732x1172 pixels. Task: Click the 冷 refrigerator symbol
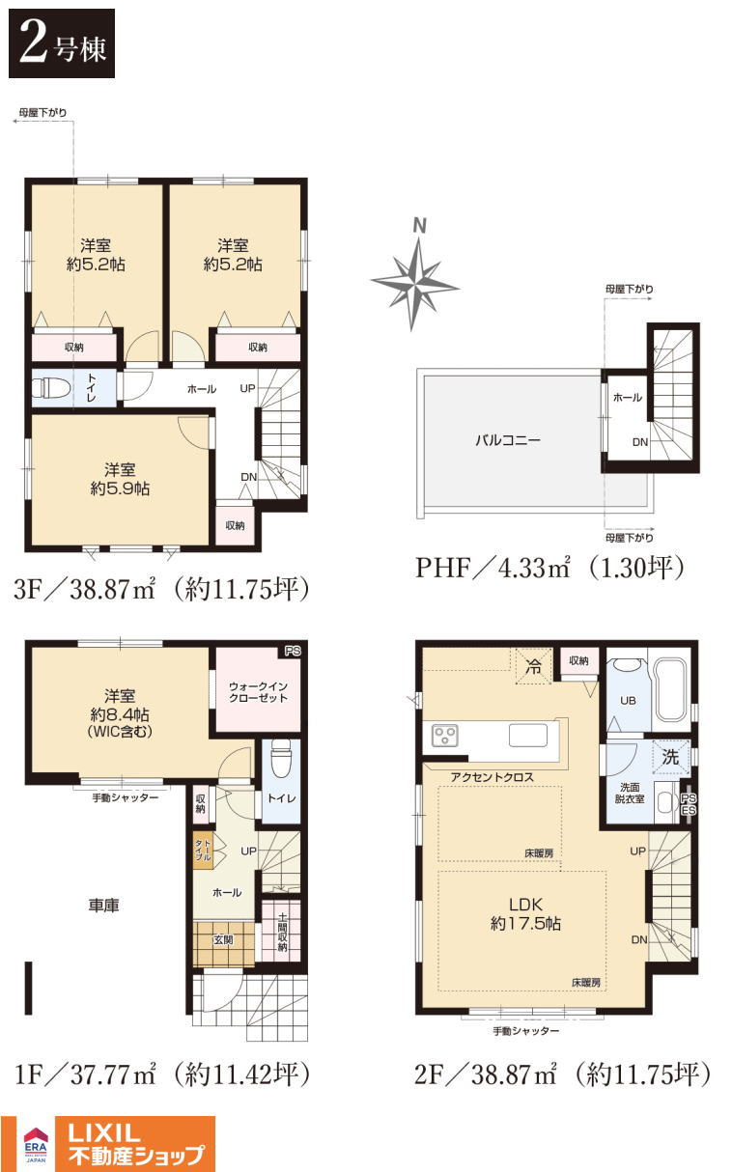533,666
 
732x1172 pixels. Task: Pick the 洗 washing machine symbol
671,757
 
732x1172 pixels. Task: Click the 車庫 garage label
103,905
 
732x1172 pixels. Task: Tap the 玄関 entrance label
223,940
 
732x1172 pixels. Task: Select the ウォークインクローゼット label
258,691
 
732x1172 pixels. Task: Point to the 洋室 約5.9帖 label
120,479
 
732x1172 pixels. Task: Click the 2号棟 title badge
62,43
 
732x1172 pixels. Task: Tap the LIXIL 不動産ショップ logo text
136,1144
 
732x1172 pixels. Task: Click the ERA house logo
36,1143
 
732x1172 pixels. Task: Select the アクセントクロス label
492,777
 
